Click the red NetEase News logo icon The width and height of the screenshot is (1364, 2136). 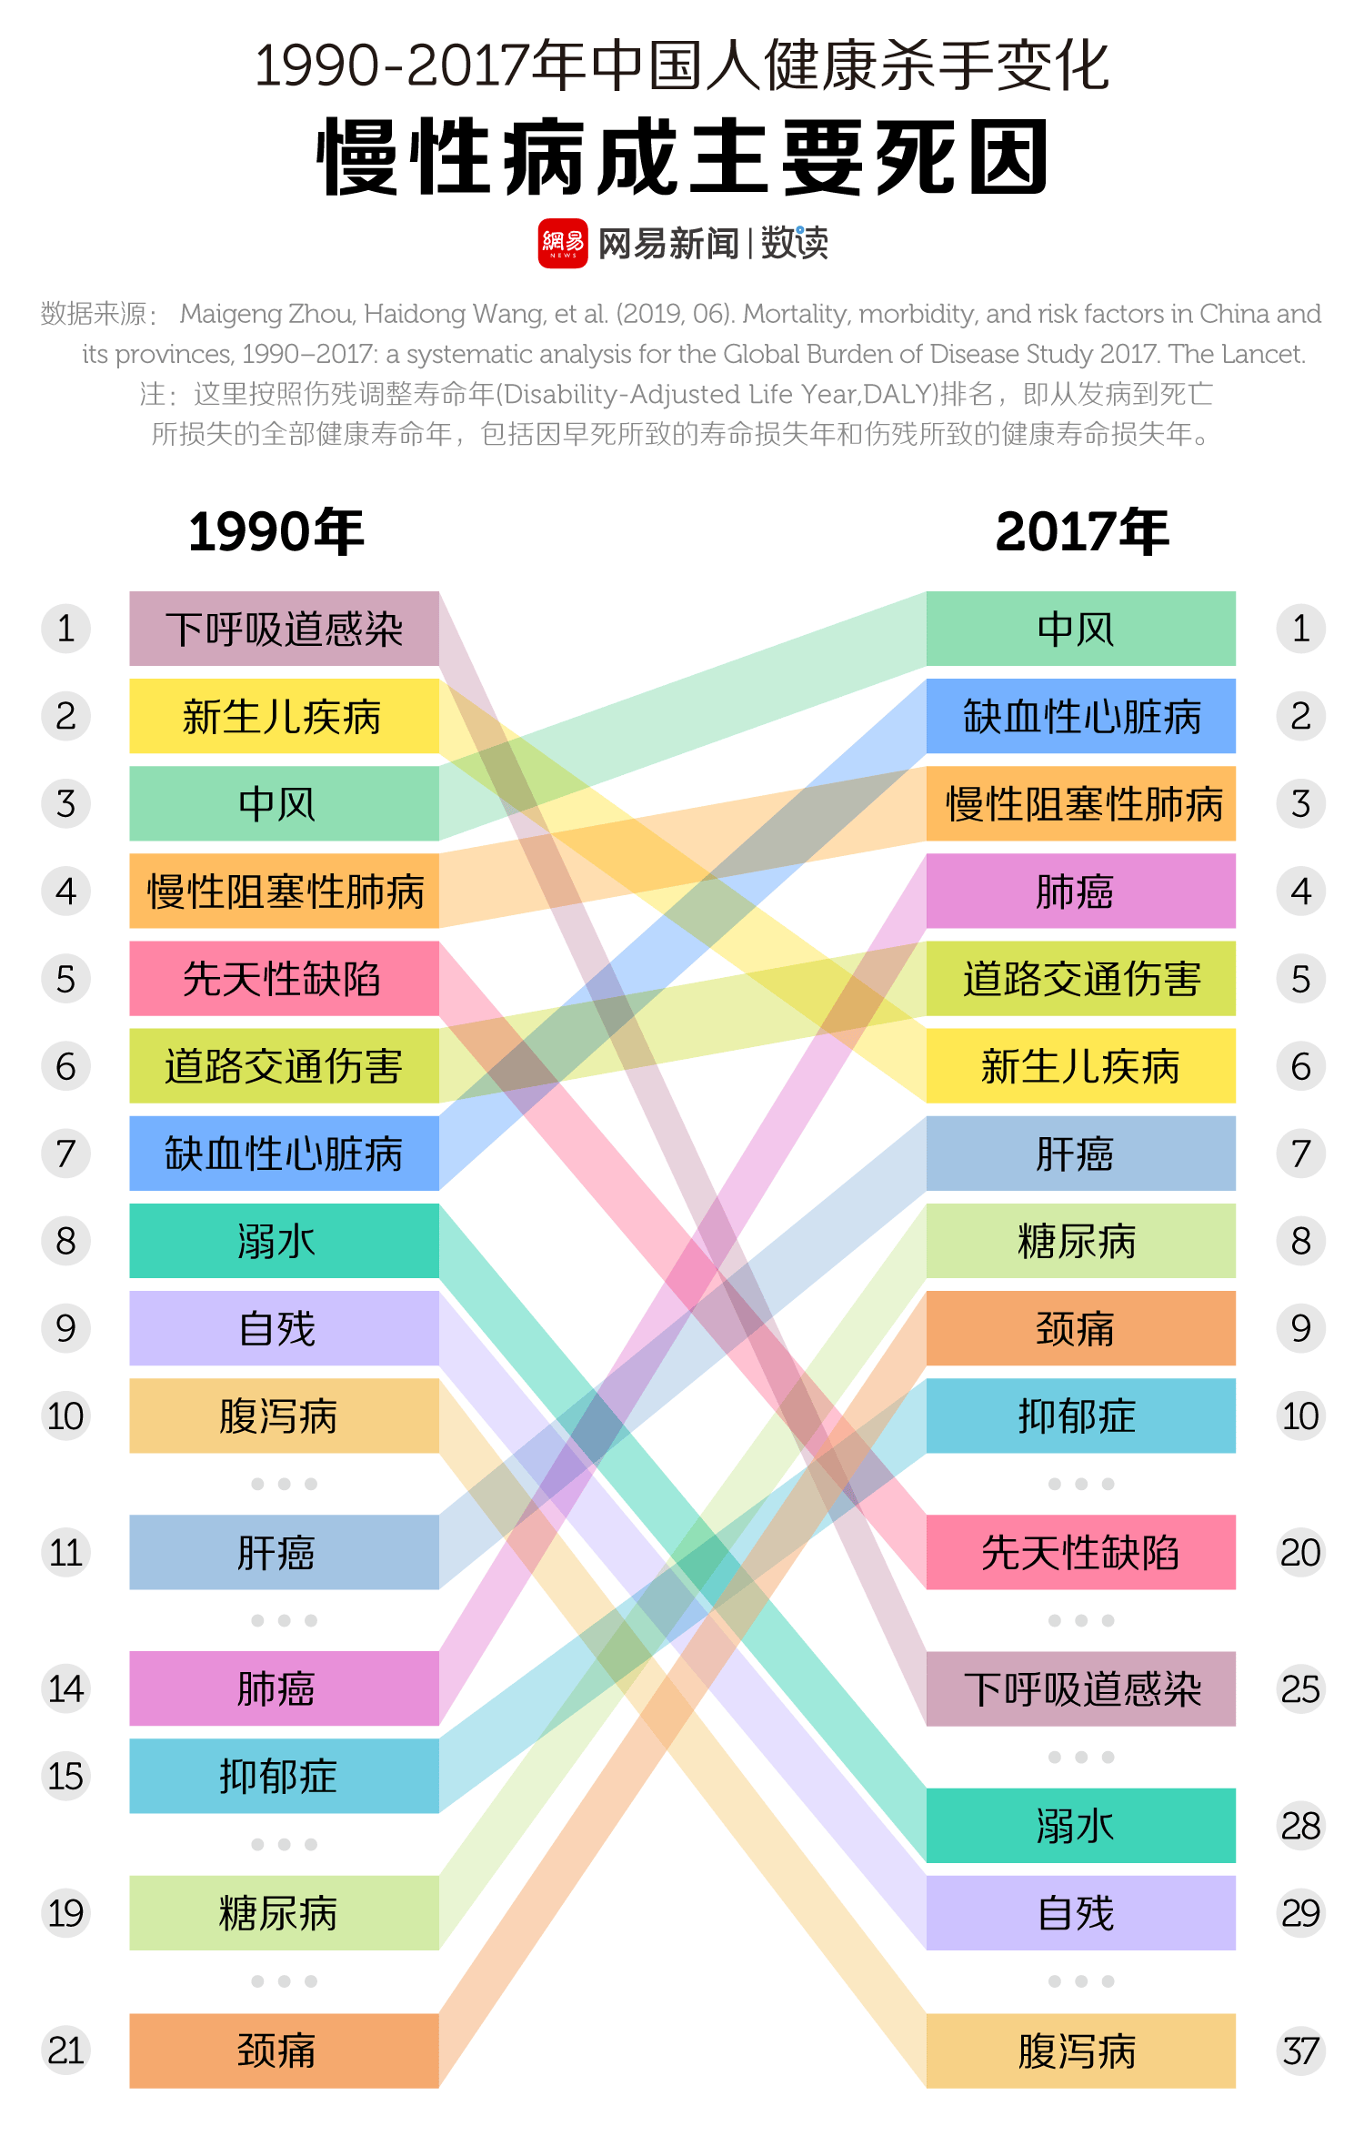click(562, 243)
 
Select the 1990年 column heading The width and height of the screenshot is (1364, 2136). click(276, 531)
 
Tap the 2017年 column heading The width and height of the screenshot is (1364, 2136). click(1081, 531)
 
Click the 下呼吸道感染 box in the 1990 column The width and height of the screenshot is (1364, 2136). click(284, 629)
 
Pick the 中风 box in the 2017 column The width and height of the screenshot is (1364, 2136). click(1080, 629)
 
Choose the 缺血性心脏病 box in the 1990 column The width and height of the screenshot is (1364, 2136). click(284, 1154)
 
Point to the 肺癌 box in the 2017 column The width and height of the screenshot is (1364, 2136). click(1080, 892)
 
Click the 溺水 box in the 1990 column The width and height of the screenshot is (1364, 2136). click(284, 1241)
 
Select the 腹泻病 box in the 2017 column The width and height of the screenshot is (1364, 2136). click(1080, 2050)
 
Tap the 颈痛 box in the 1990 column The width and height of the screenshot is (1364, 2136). click(284, 2050)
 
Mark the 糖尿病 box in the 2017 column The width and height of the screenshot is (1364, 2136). click(1080, 1241)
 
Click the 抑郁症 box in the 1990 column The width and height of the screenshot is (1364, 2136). click(284, 1776)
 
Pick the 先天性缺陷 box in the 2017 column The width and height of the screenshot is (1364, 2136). click(1080, 1552)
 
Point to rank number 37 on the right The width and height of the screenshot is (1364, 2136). click(1300, 2050)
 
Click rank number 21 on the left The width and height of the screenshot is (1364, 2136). click(65, 2050)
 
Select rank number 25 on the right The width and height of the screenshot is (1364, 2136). click(1300, 1689)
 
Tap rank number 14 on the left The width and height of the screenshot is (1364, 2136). click(65, 1689)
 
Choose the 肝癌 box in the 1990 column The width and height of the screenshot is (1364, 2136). click(284, 1552)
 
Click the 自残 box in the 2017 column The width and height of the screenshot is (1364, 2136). click(1080, 1913)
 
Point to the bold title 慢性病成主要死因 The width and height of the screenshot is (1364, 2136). click(682, 157)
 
